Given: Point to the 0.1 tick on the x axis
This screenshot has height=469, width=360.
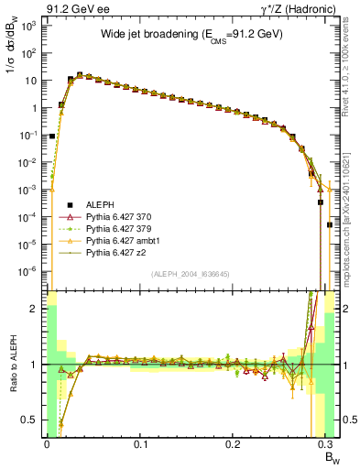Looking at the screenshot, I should click(140, 444).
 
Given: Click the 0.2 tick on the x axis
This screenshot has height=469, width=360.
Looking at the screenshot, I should click(235, 444).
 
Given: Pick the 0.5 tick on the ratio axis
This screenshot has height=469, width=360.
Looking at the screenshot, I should click(34, 420).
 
